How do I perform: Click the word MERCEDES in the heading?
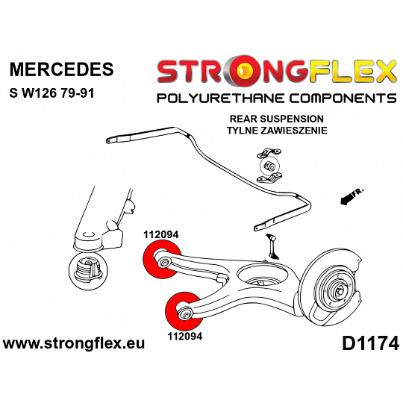(x=61, y=69)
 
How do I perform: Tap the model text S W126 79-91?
(x=51, y=93)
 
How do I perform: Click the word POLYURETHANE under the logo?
(x=221, y=99)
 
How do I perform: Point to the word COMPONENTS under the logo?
(x=343, y=99)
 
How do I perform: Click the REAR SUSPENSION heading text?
(x=277, y=119)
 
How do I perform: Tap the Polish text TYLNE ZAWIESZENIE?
(x=277, y=131)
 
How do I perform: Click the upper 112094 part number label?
(x=161, y=234)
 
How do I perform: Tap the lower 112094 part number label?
(x=185, y=336)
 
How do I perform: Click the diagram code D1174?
(x=370, y=344)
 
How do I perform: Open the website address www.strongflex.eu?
(x=74, y=343)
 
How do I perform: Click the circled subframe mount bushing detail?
(x=88, y=272)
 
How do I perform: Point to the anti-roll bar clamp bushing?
(x=269, y=166)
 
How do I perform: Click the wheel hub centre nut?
(x=339, y=292)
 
